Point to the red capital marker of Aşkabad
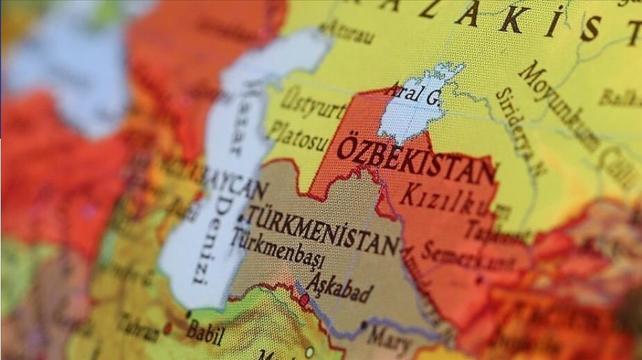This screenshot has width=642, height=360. [x=305, y=299]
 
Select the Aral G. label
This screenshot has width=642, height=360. [x=412, y=94]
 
